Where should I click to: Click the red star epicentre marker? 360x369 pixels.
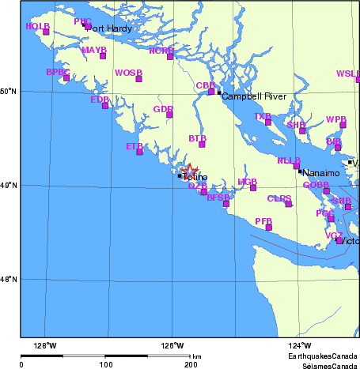click(190, 170)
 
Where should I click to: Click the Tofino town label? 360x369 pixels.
click(195, 177)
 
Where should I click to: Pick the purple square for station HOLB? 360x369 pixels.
click(46, 32)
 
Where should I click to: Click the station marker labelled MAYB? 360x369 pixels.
click(103, 55)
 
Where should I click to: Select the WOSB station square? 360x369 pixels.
click(138, 78)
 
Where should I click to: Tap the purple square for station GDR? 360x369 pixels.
click(169, 115)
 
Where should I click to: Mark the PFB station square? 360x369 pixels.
click(269, 228)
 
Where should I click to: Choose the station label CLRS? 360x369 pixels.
click(279, 198)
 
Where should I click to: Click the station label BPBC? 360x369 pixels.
click(58, 72)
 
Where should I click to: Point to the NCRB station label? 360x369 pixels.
click(161, 50)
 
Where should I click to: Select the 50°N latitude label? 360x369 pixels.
click(9, 92)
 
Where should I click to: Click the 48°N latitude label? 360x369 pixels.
click(9, 280)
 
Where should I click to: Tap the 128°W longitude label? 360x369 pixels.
click(45, 345)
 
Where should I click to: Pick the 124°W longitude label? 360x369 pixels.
click(298, 345)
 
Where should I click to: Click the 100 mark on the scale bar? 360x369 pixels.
click(105, 364)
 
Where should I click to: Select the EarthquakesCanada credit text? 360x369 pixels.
click(322, 357)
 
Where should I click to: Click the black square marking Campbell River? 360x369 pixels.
click(219, 93)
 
